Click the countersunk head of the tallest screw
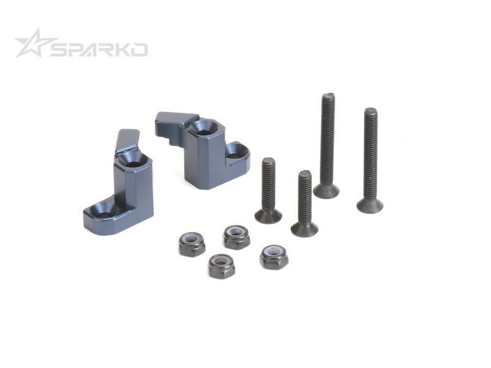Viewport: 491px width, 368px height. (x=327, y=191)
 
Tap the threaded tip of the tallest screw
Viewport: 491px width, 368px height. (x=328, y=96)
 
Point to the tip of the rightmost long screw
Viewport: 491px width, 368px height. (x=371, y=111)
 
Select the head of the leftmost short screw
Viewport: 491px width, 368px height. (x=268, y=216)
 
